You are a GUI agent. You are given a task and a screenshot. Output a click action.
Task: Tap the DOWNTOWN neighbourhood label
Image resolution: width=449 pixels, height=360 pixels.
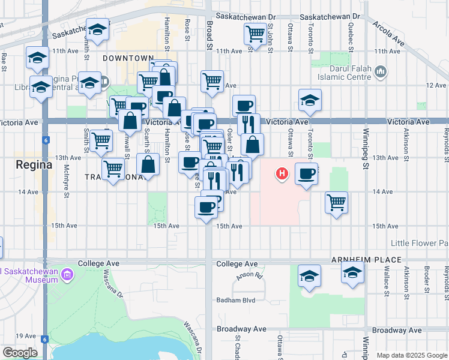coord(128,58)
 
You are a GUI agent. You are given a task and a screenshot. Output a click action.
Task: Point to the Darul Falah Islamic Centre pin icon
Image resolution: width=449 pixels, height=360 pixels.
coord(379,73)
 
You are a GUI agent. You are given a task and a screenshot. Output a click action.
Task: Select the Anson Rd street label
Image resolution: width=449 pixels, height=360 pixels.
coord(250,276)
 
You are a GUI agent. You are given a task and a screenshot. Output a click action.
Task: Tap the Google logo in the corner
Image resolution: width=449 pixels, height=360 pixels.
coord(20,353)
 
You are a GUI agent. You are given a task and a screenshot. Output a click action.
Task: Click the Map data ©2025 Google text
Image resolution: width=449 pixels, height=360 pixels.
coord(411,355)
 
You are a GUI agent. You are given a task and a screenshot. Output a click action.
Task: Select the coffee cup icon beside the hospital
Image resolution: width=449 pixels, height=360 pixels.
coord(306,174)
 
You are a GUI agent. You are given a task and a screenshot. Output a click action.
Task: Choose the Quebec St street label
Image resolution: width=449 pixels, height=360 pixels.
coord(351,31)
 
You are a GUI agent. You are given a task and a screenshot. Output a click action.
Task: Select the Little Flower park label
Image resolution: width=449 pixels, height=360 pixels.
coord(419,243)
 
